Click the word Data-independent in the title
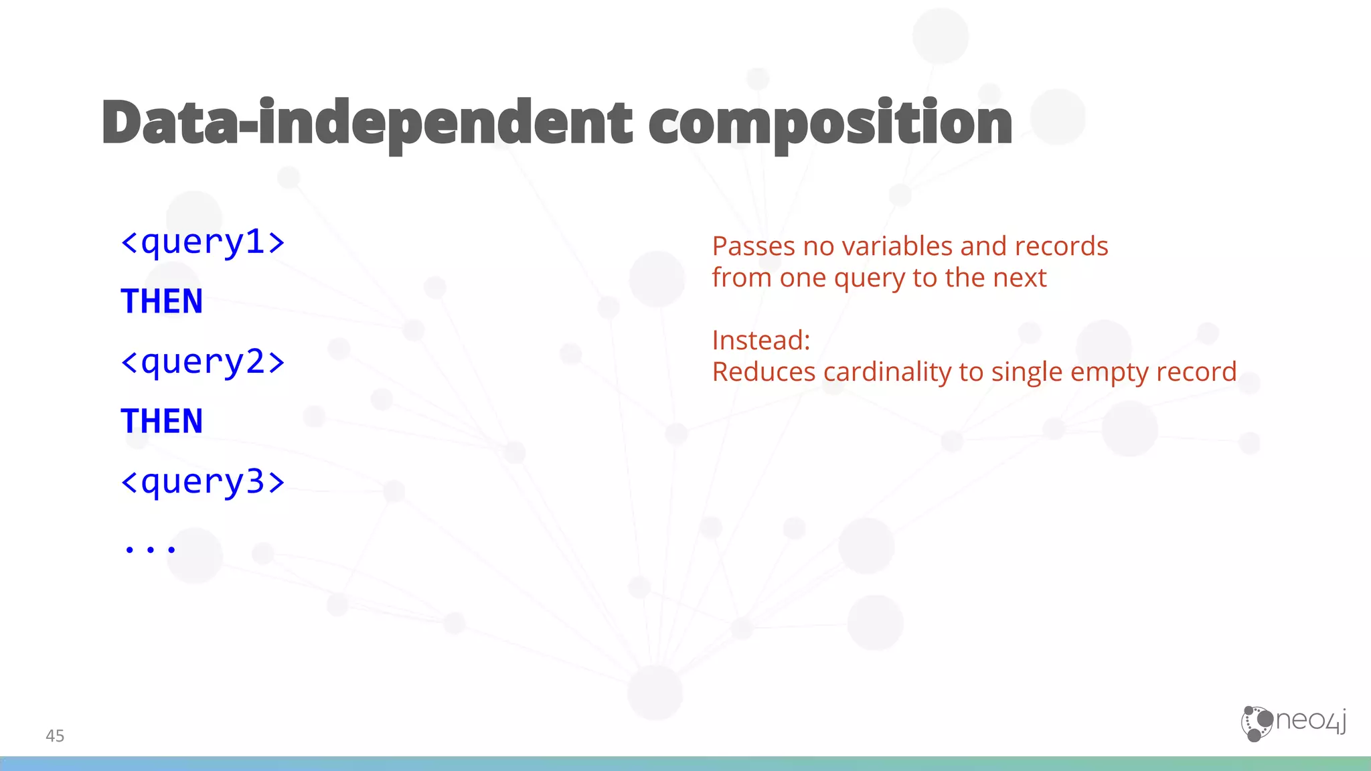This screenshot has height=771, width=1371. (367, 122)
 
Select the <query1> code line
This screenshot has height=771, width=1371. (203, 242)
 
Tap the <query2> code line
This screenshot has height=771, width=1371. (203, 362)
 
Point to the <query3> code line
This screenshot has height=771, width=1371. (203, 482)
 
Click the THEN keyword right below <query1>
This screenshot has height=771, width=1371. (161, 301)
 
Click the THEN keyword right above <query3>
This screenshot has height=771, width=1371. (161, 421)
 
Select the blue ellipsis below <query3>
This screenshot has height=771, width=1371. (151, 549)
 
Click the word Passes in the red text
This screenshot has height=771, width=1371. (753, 246)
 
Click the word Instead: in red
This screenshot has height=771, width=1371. (761, 340)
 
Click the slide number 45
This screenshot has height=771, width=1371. (55, 736)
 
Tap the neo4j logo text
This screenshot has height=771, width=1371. (1311, 721)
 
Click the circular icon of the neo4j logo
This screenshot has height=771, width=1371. (1257, 723)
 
